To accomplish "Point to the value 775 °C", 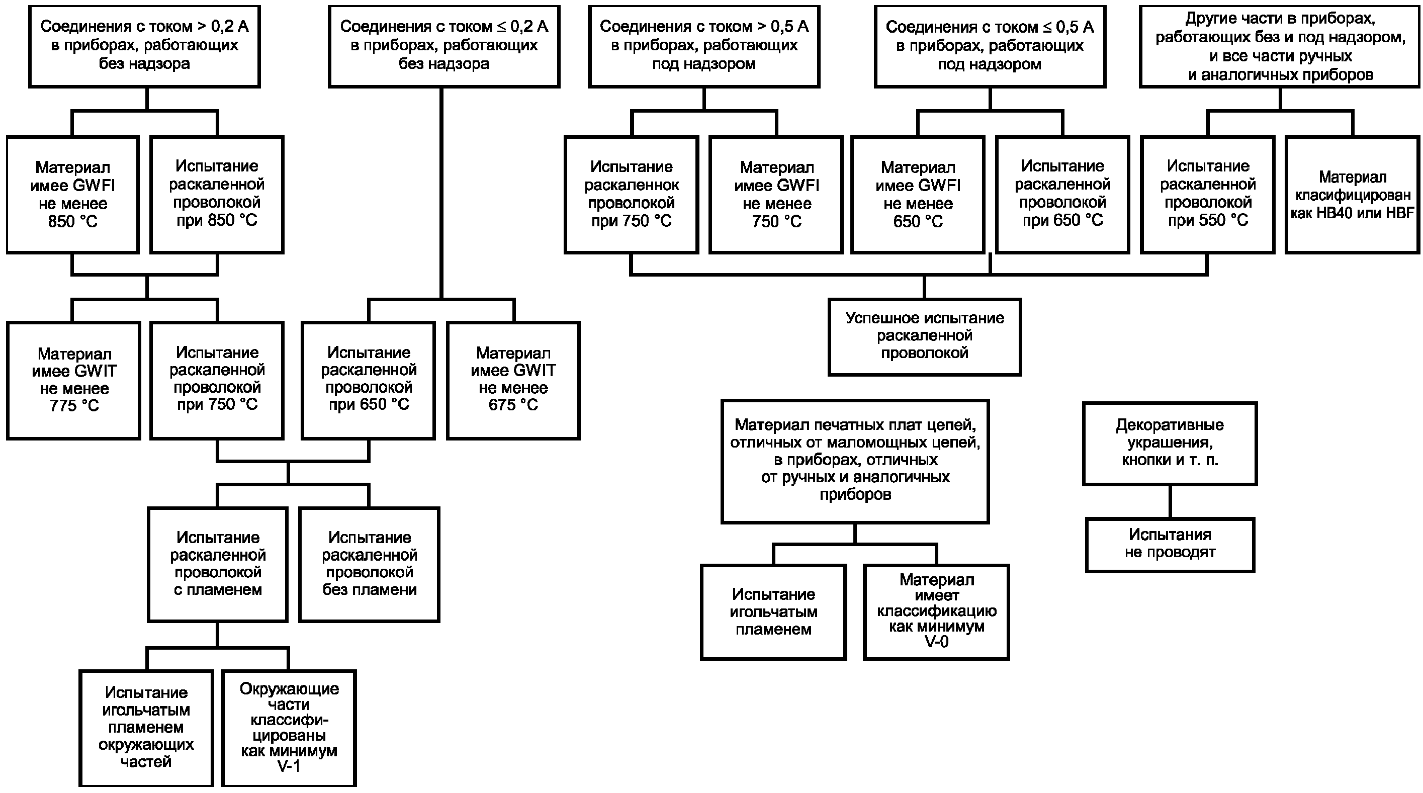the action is (x=74, y=406).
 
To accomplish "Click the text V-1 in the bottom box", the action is (x=288, y=766).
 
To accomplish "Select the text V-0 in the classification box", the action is (x=936, y=641).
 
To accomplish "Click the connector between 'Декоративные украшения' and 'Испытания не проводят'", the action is (x=1170, y=502).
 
